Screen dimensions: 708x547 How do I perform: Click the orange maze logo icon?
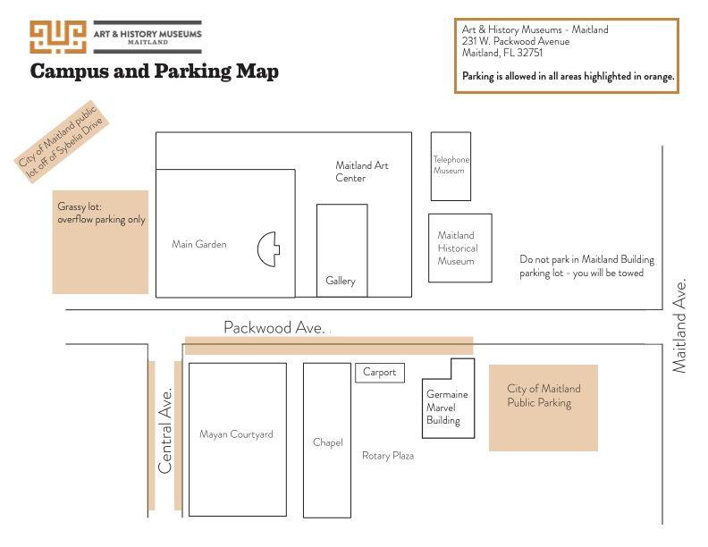click(x=58, y=37)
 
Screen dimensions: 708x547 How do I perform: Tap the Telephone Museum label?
click(x=451, y=164)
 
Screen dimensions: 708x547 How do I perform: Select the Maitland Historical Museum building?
click(x=460, y=248)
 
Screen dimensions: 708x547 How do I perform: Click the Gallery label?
click(x=341, y=281)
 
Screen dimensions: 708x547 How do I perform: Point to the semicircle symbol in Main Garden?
click(x=269, y=249)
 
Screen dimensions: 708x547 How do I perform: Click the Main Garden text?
click(x=199, y=244)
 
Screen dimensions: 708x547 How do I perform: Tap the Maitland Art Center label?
click(x=362, y=172)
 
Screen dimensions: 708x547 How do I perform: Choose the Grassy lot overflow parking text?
click(x=101, y=213)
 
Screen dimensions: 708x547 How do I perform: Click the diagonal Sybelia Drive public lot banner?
click(x=61, y=141)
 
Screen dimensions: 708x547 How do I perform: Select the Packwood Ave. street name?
click(x=274, y=327)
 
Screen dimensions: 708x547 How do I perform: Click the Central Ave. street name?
click(x=165, y=431)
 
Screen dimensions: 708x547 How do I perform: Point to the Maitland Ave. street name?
click(x=679, y=326)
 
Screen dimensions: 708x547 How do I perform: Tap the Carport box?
click(x=380, y=373)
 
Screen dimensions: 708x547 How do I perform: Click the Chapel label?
click(x=328, y=442)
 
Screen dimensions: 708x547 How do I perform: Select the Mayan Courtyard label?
click(x=236, y=434)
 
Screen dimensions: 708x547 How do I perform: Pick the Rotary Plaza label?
click(x=388, y=456)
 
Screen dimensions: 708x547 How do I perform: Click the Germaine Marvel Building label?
click(x=447, y=407)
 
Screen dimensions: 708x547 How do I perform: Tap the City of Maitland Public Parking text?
click(x=544, y=395)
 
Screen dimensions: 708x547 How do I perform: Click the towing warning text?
click(x=586, y=265)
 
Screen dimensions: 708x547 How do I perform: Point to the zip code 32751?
click(x=529, y=53)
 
